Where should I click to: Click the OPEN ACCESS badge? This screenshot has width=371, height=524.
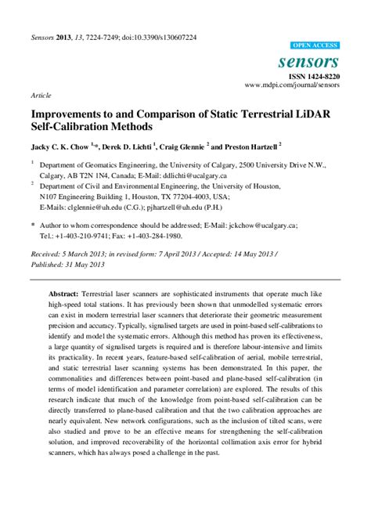tap(315, 46)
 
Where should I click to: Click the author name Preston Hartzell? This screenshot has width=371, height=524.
tap(247, 146)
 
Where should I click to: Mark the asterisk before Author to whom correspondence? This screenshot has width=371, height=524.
tap(33, 223)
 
